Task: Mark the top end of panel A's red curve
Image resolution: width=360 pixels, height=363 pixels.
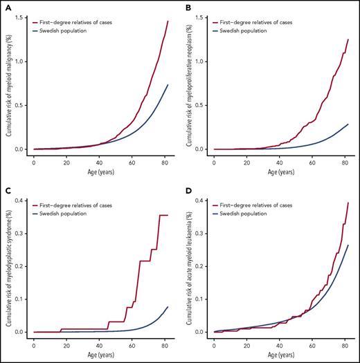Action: click(168, 21)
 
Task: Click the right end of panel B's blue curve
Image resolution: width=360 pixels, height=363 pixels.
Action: click(348, 124)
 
